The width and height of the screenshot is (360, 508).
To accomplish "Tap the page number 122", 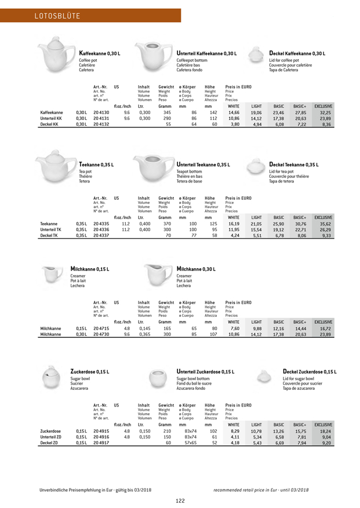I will tap(180, 501).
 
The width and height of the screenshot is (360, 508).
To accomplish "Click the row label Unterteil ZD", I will tap(51, 436).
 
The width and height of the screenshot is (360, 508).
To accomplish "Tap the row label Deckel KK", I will tap(49, 124).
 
